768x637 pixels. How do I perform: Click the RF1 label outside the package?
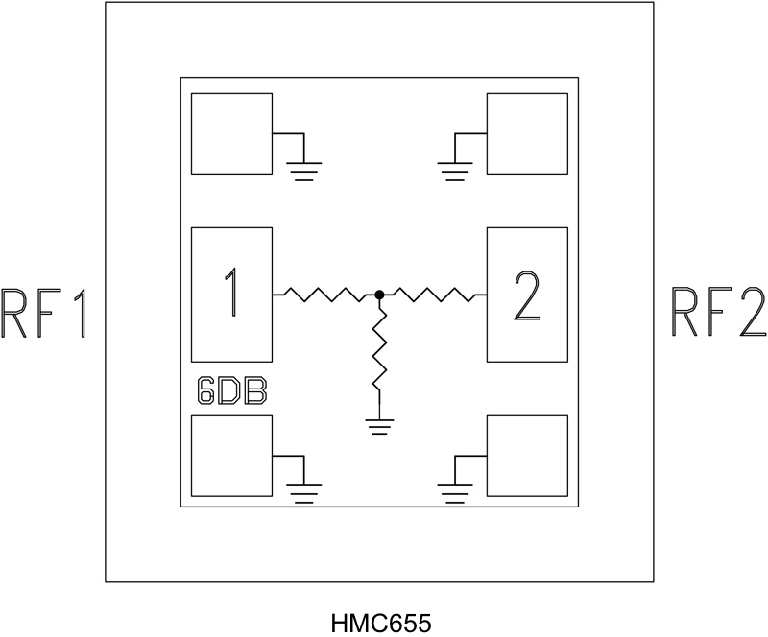tap(44, 312)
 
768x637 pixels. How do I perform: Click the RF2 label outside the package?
tap(718, 312)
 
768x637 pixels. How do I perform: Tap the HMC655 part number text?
tap(380, 623)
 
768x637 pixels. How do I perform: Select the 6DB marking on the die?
tap(231, 391)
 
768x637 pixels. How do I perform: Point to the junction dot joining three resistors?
tap(380, 295)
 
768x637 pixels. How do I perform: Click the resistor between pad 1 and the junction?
tap(326, 295)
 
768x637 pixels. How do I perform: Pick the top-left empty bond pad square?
tap(231, 133)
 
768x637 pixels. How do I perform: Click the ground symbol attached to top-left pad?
tap(304, 171)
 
